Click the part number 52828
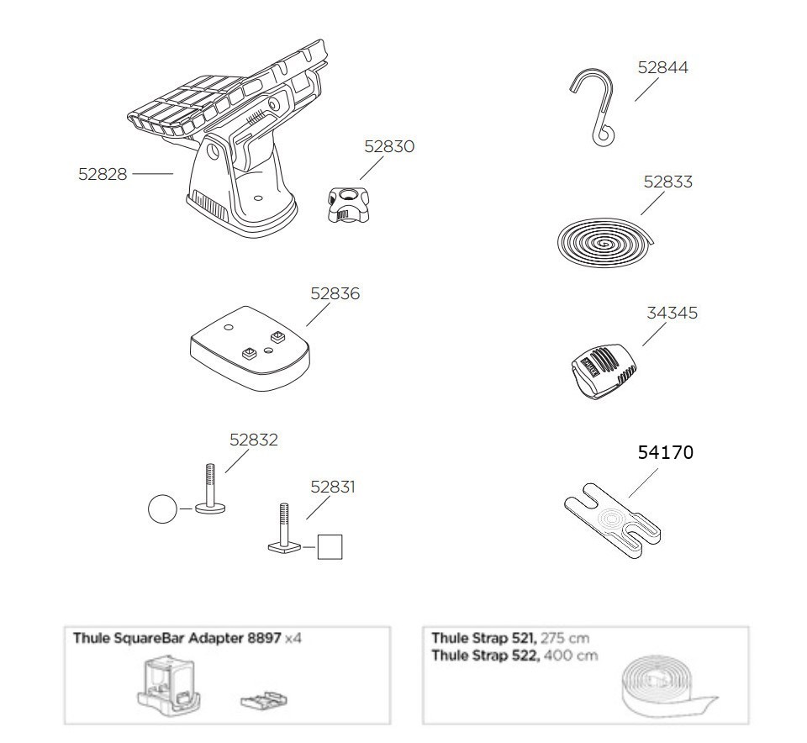pyautogui.click(x=103, y=174)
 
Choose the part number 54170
pyautogui.click(x=666, y=452)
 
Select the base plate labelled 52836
pyautogui.click(x=251, y=348)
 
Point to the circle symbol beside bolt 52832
pyautogui.click(x=162, y=509)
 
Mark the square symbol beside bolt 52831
pyautogui.click(x=330, y=546)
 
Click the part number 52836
pyautogui.click(x=335, y=294)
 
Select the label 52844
pyautogui.click(x=663, y=67)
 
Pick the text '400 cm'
pyautogui.click(x=571, y=656)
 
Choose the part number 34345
pyautogui.click(x=672, y=313)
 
